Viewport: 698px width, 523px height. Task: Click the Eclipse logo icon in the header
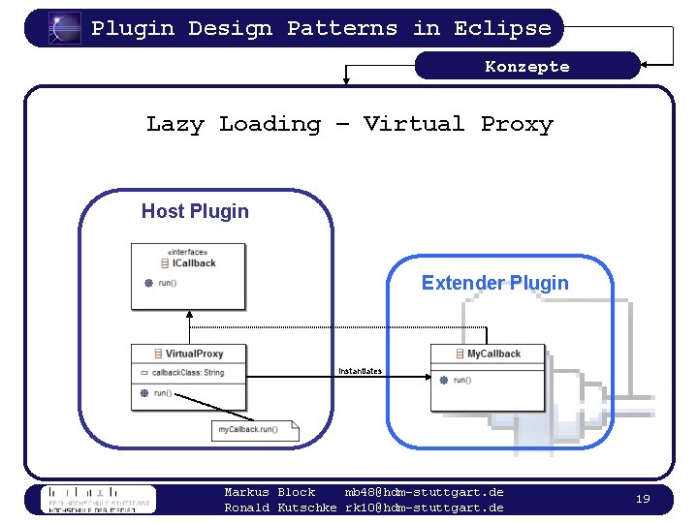click(x=65, y=28)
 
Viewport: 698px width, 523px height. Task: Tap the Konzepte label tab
click(x=527, y=66)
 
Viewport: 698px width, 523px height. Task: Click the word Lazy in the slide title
click(x=174, y=124)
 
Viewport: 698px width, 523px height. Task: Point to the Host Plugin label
click(x=195, y=211)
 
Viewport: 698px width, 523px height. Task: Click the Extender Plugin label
click(x=494, y=283)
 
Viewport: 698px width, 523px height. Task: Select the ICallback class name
click(x=194, y=262)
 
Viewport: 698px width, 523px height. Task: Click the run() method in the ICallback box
click(x=167, y=283)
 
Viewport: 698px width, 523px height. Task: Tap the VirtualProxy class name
click(x=194, y=354)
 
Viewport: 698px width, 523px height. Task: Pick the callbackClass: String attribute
click(x=187, y=373)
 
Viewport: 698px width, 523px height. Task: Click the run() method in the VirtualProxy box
click(x=162, y=393)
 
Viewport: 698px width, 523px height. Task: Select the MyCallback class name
click(x=493, y=354)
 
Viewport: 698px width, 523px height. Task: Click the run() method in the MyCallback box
click(x=462, y=380)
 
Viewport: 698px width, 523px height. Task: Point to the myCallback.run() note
click(x=248, y=429)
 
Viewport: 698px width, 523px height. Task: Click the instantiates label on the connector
click(x=360, y=371)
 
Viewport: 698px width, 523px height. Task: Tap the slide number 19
click(x=642, y=498)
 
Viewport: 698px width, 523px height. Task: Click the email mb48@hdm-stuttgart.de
click(x=424, y=492)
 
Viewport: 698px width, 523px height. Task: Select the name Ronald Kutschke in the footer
click(x=280, y=508)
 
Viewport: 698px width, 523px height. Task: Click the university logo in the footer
click(x=97, y=499)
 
